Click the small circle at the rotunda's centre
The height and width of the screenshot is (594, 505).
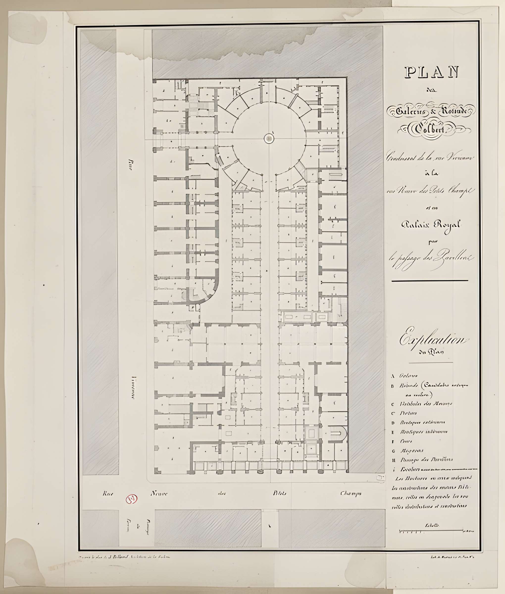(269, 139)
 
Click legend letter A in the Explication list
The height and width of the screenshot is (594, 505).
(393, 376)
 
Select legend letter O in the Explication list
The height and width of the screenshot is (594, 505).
(394, 451)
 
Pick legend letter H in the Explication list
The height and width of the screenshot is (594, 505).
(394, 460)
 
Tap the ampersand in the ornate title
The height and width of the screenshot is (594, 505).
(433, 111)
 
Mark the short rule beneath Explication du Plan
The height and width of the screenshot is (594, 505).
(430, 363)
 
